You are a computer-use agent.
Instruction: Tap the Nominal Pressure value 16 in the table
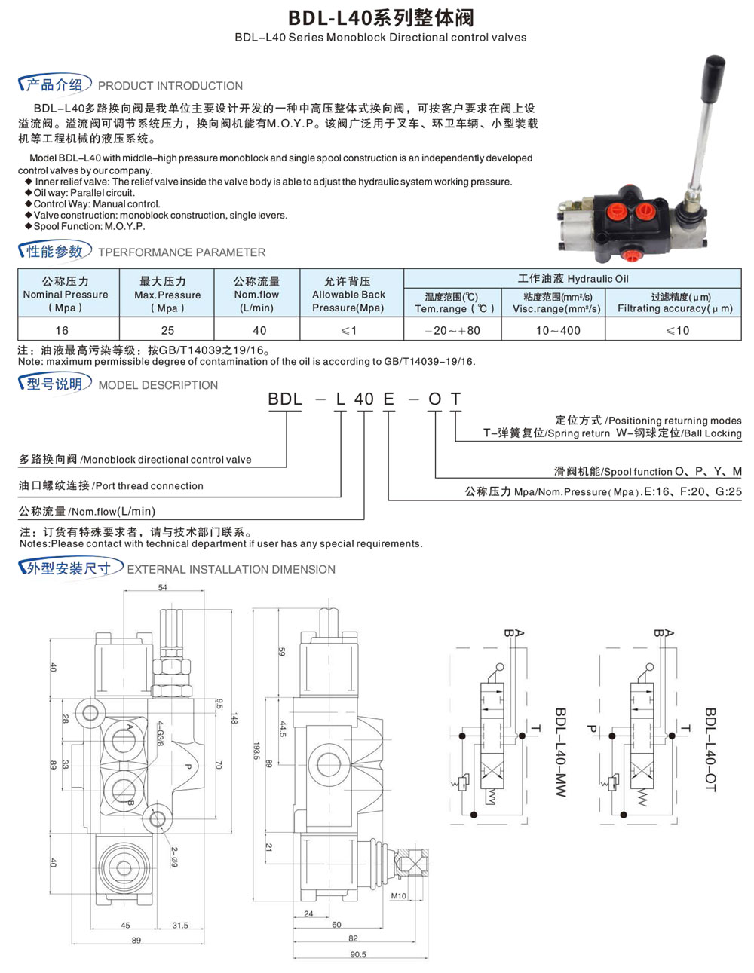[62, 330]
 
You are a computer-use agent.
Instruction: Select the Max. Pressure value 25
[167, 330]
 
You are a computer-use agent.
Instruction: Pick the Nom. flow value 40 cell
[259, 330]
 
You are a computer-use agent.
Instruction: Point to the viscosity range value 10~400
[558, 330]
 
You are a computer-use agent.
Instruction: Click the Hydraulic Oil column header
[572, 279]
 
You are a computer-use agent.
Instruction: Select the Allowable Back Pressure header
[348, 294]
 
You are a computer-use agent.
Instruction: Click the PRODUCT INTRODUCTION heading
[170, 86]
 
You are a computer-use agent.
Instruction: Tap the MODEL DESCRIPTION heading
[158, 385]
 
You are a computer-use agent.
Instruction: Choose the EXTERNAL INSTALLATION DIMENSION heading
[231, 570]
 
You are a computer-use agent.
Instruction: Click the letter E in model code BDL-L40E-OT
[389, 399]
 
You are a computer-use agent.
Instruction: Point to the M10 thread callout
[398, 896]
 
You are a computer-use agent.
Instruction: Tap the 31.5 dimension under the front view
[180, 926]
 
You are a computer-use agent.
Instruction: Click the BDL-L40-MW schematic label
[560, 751]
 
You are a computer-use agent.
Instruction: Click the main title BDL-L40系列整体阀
[381, 17]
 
